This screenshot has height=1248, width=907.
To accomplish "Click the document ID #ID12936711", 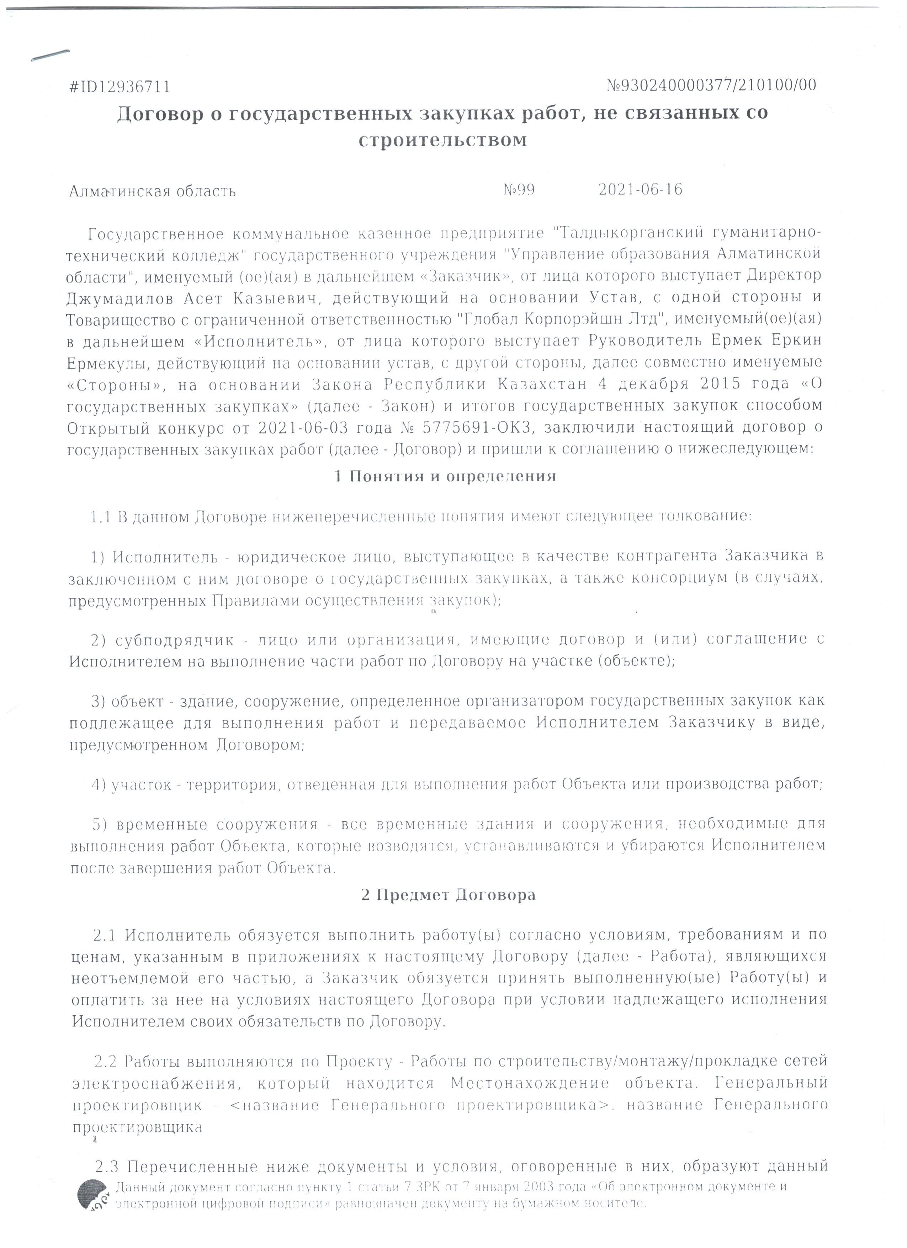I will coord(120,87).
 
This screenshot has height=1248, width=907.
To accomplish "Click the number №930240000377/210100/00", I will coord(711,85).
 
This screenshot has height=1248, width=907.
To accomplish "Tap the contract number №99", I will coord(519,190).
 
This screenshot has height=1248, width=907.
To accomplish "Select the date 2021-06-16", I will coord(640,190).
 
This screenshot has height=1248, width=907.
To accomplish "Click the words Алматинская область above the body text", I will coord(152,191).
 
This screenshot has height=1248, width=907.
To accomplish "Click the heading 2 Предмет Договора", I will coord(448,895).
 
